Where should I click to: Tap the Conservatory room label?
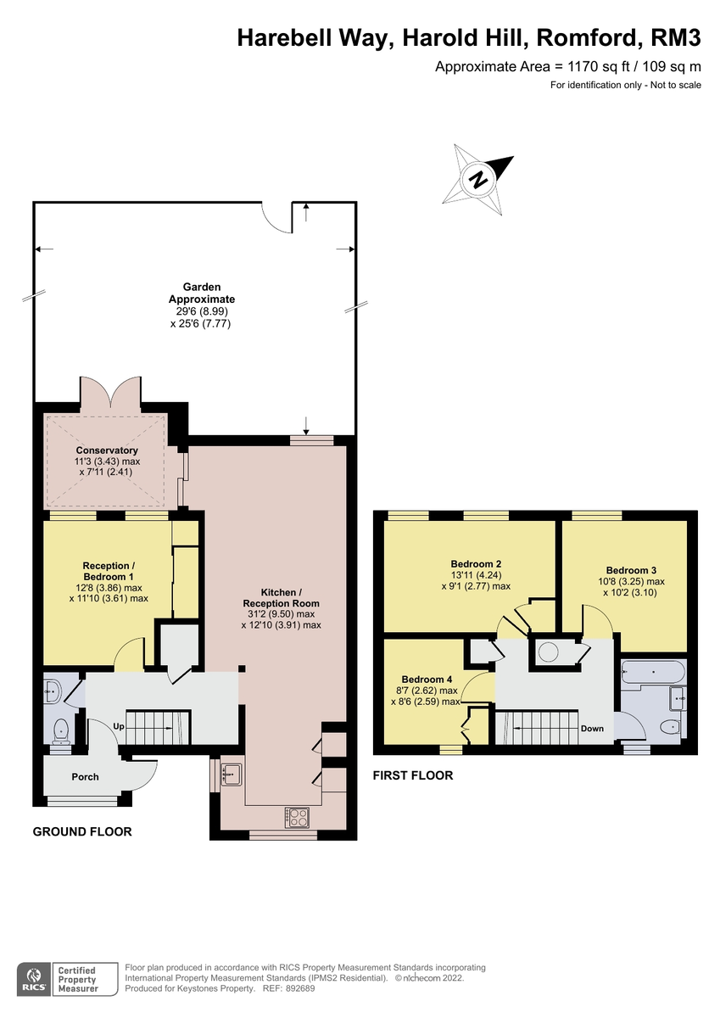point(107,450)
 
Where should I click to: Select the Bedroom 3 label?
point(631,570)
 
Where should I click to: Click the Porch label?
point(85,776)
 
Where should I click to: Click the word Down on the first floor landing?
point(592,728)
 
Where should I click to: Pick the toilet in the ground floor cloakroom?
point(61,730)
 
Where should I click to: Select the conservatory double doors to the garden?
point(112,393)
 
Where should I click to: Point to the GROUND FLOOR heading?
point(82,831)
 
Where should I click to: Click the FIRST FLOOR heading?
point(413,775)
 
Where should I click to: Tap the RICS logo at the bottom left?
point(35,979)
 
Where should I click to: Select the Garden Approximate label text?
point(201,294)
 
